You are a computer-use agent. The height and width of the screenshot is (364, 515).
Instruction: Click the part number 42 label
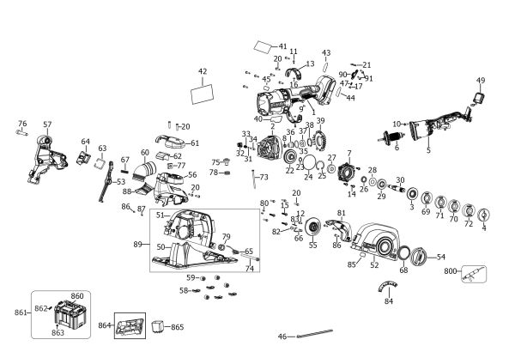203,71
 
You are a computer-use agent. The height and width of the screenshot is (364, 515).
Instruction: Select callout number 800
451,271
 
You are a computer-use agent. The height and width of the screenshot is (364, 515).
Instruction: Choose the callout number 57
47,124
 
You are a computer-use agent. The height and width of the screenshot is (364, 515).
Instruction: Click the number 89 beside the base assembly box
139,245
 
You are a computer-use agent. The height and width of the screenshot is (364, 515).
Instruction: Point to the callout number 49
481,81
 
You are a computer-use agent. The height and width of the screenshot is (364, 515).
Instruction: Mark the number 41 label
283,45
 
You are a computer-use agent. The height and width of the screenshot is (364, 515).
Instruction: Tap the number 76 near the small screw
22,124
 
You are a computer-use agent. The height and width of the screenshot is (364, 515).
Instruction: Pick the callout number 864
105,326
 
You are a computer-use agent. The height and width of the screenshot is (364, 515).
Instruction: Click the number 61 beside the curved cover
195,143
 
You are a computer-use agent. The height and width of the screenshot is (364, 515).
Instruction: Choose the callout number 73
264,177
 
